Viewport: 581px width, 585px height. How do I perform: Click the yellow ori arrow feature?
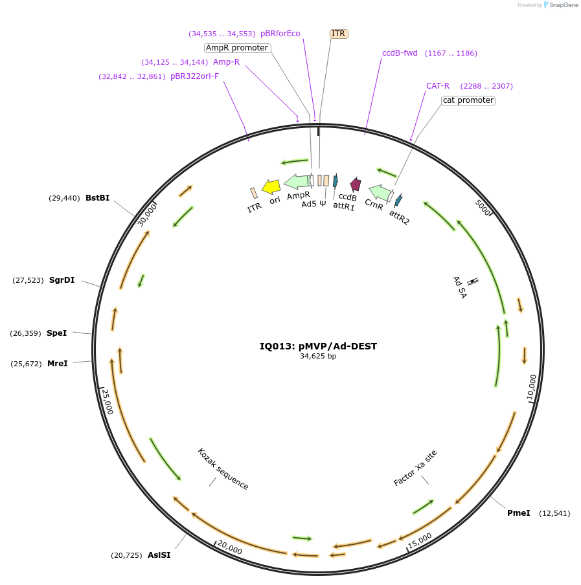(x=271, y=187)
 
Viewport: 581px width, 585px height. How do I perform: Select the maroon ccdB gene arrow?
(x=355, y=184)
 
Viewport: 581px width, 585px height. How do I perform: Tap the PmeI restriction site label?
(x=518, y=513)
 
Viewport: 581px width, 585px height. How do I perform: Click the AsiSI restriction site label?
(x=159, y=555)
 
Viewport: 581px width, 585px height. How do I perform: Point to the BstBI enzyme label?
(x=97, y=198)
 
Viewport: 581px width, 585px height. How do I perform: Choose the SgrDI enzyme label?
(x=62, y=280)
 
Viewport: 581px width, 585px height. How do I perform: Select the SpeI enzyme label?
(x=56, y=333)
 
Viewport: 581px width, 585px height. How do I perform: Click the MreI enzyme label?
(x=57, y=364)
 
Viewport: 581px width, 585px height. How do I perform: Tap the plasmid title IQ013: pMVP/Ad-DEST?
(x=318, y=346)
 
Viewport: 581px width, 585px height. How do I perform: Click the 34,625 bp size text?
(x=318, y=356)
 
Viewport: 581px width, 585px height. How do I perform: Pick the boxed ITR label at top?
(x=339, y=34)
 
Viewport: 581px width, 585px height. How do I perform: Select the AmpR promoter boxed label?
(x=237, y=48)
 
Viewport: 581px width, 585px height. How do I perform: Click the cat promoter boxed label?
(x=468, y=100)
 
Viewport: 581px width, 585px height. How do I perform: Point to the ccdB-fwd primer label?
(x=400, y=53)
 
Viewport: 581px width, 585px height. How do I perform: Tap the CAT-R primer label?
(x=437, y=86)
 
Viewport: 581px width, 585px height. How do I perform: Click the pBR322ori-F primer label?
(x=194, y=76)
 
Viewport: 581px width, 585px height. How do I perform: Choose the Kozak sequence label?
(x=223, y=469)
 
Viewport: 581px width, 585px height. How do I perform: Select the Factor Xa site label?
(x=415, y=468)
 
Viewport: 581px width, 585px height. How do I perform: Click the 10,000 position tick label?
(x=532, y=387)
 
